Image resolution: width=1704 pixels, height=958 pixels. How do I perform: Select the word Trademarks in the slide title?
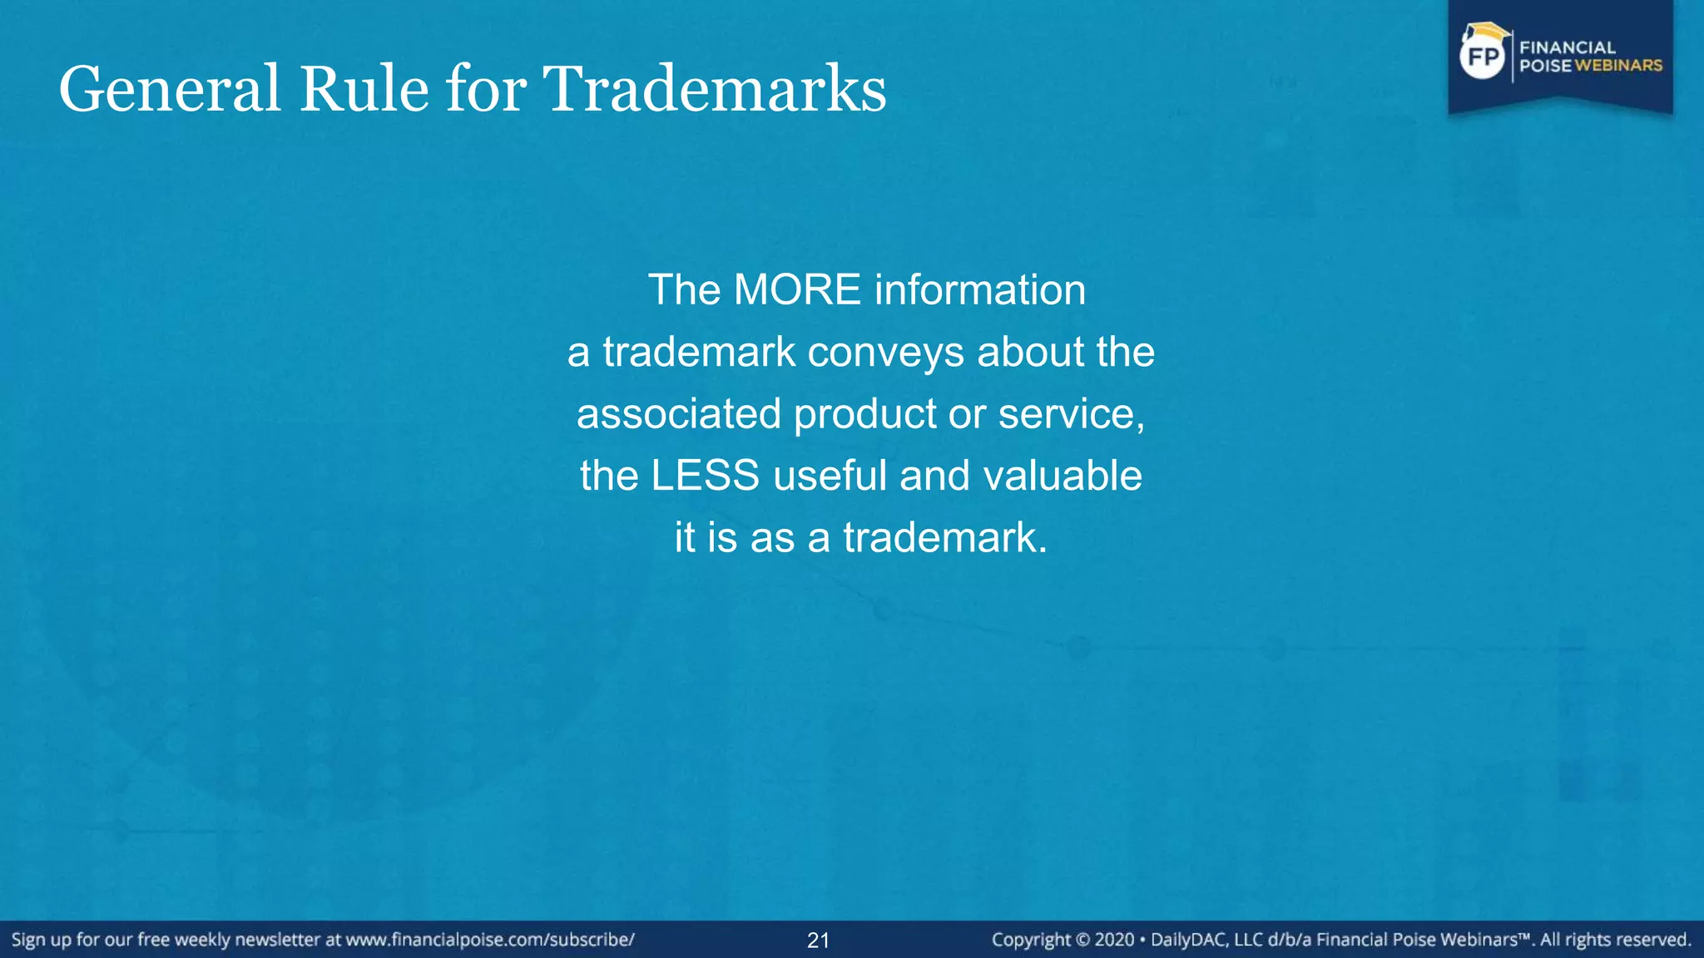click(x=715, y=89)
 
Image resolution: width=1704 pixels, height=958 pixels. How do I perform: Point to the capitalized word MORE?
click(x=797, y=290)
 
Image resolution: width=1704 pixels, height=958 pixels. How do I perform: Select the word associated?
click(x=679, y=414)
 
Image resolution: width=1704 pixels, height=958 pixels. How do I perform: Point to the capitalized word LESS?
click(x=705, y=476)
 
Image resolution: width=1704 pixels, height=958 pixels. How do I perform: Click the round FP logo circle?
click(x=1483, y=57)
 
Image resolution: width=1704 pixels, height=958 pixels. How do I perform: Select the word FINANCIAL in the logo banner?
click(x=1568, y=47)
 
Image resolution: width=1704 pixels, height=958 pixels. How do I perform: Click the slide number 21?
click(x=818, y=941)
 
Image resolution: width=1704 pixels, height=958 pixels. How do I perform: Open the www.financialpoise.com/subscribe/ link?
click(x=490, y=940)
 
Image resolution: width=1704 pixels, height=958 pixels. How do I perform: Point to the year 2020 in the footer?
click(x=1114, y=940)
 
